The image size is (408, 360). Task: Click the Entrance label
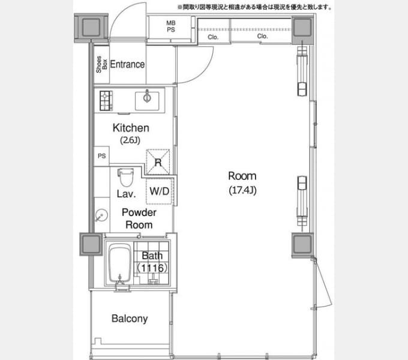(x=127, y=64)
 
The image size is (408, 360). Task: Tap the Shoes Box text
(x=101, y=64)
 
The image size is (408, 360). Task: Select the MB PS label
(x=170, y=26)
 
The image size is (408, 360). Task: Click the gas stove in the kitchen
(x=106, y=101)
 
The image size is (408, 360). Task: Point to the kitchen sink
(x=147, y=101)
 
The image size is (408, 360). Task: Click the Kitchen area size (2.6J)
(x=130, y=140)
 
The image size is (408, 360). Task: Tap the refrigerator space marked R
(x=158, y=162)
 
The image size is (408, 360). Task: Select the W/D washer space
(x=160, y=191)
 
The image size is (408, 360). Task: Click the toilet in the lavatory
(x=126, y=177)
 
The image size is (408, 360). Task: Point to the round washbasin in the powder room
(x=101, y=215)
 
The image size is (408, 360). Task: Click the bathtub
(x=120, y=263)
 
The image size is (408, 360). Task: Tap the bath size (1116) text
(x=152, y=268)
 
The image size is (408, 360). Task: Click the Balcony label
(x=130, y=319)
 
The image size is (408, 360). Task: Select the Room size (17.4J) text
(x=242, y=190)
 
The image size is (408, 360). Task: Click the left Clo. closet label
(x=213, y=37)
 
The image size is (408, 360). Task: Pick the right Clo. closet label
(x=262, y=36)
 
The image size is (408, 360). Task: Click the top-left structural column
(x=91, y=28)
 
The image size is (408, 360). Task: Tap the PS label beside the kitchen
(x=102, y=156)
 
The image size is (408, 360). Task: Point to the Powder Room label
(x=139, y=219)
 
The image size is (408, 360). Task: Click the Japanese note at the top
(x=255, y=7)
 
